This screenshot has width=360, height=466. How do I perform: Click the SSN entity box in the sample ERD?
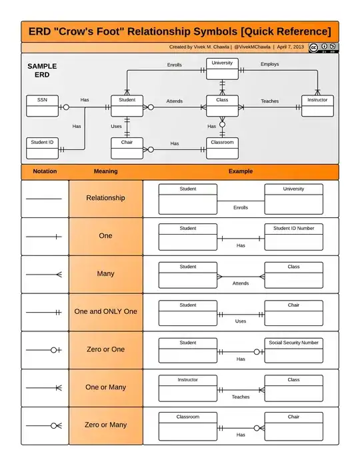tap(42, 106)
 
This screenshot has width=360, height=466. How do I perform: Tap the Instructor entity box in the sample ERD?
tap(317, 106)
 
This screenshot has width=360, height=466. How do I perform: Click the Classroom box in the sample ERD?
tap(222, 148)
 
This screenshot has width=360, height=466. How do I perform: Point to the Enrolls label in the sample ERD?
tap(174, 65)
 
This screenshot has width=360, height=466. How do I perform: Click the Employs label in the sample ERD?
tap(270, 65)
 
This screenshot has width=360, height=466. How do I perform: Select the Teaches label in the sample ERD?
tap(270, 101)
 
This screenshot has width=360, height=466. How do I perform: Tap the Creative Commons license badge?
tap(323, 47)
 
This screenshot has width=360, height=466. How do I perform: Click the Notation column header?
tap(45, 171)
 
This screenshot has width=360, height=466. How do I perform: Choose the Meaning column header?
tap(105, 171)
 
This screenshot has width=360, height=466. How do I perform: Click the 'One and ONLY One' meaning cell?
tap(105, 311)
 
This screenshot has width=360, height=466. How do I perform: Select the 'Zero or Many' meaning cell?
tap(105, 425)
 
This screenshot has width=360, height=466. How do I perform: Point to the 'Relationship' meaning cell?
tap(105, 198)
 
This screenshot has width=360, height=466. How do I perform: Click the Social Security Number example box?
tap(293, 350)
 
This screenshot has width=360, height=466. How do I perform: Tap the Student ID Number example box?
tap(293, 237)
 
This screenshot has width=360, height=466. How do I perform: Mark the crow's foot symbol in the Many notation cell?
tap(58, 274)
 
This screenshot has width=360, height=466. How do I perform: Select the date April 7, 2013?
tap(290, 47)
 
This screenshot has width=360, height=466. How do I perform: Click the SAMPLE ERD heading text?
tap(42, 71)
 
